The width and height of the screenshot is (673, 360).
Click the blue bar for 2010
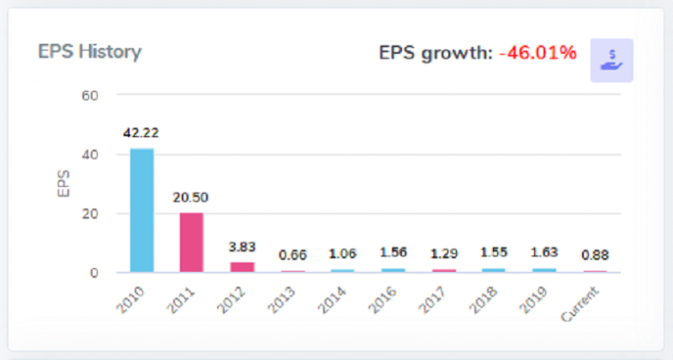141,210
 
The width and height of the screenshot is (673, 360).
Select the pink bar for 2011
191,243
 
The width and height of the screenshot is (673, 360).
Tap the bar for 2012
243,267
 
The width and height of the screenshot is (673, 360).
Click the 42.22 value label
141,133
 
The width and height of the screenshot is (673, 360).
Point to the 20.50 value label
190,197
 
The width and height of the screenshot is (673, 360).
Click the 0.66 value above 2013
293,255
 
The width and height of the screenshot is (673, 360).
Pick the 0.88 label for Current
596,255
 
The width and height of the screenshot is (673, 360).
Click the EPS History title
89,51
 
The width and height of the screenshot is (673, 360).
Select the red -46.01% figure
538,53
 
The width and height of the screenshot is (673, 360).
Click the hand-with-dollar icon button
611,60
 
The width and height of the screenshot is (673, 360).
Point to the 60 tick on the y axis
90,94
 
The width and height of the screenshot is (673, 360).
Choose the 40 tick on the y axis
90,154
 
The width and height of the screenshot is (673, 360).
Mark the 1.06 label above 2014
344,253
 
